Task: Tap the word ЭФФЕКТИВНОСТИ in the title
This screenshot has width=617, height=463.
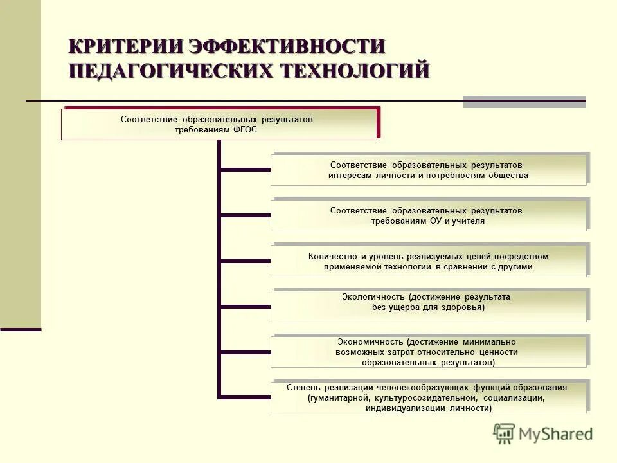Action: click(x=287, y=46)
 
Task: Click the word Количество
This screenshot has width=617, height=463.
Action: click(x=334, y=256)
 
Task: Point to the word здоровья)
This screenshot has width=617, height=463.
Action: click(x=462, y=307)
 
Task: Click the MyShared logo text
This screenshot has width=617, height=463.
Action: click(x=556, y=434)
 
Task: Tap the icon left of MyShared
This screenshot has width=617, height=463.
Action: click(x=505, y=434)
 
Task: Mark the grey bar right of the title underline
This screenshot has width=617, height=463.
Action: click(x=524, y=102)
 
